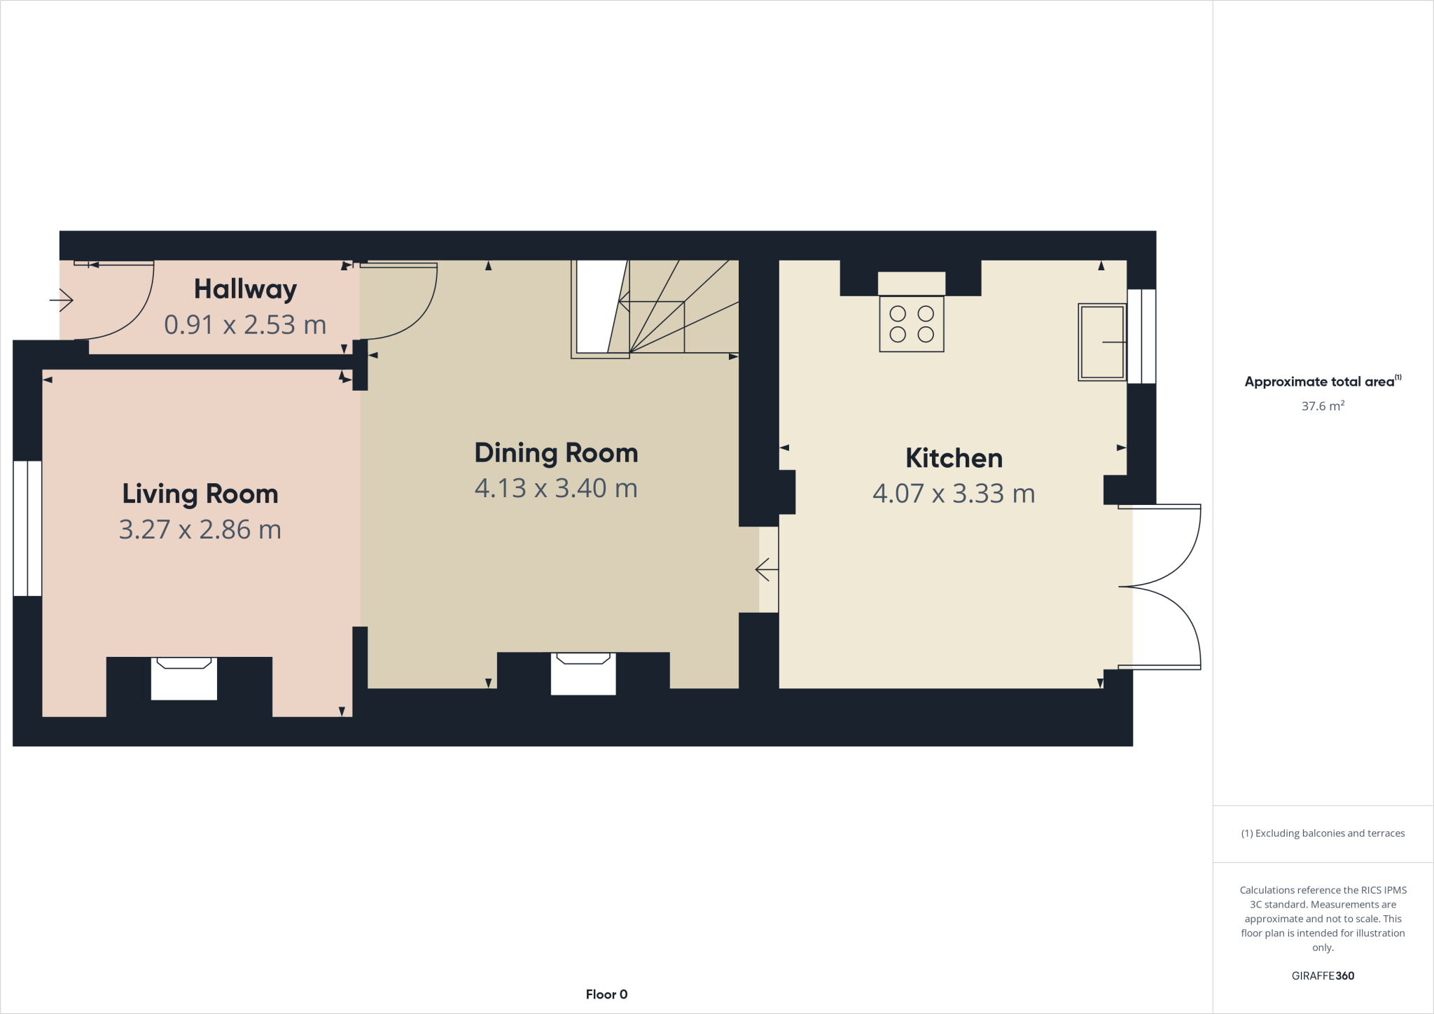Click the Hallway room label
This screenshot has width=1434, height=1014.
(x=245, y=289)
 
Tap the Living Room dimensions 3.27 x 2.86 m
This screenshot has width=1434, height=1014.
(x=200, y=529)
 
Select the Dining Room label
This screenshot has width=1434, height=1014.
(x=556, y=453)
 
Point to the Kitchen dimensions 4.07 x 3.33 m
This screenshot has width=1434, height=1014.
(x=954, y=494)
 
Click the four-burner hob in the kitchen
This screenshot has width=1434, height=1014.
(x=912, y=324)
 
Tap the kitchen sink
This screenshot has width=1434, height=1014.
(x=1101, y=342)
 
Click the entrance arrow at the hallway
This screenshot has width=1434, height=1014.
(x=62, y=301)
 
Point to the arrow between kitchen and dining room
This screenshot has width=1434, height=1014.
(x=767, y=570)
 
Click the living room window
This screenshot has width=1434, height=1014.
(x=27, y=528)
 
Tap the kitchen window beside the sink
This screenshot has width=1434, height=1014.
(x=1141, y=336)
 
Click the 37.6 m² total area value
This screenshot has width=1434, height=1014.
(x=1323, y=406)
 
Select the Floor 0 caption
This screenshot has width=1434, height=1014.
(x=606, y=994)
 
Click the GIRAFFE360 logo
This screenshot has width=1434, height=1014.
(x=1323, y=975)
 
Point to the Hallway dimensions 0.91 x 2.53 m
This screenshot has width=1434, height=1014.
(x=245, y=325)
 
